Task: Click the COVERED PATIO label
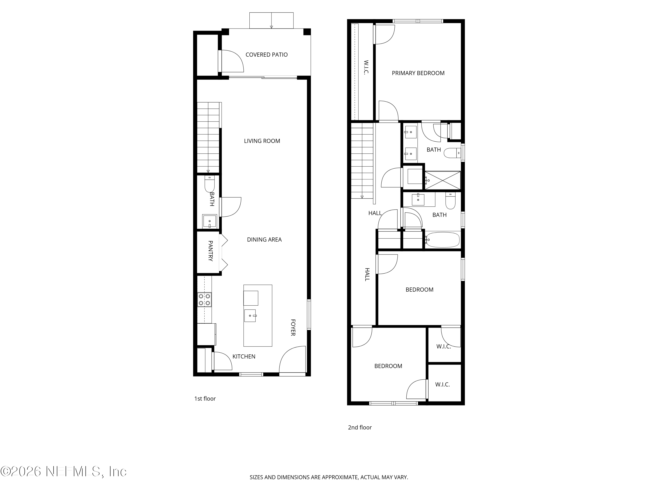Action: (266, 55)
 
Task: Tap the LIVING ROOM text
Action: (262, 141)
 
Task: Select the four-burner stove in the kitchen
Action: (204, 299)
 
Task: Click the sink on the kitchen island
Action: (250, 316)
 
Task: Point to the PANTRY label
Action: (210, 251)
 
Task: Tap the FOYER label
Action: (293, 328)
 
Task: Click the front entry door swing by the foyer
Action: (293, 359)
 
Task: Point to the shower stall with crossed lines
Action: (443, 180)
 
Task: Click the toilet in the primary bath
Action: (452, 153)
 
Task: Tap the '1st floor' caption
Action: (205, 399)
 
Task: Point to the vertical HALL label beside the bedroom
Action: (367, 274)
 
